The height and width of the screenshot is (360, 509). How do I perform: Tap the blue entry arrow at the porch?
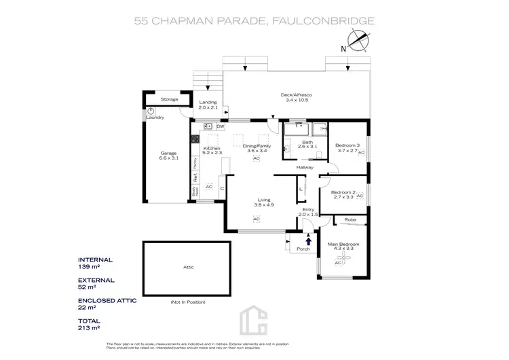[x=309, y=239]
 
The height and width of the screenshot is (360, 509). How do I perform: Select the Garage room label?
[x=168, y=153]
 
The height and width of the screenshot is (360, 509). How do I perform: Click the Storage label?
[x=169, y=99]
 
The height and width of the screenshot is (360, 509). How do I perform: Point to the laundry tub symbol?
[x=151, y=109]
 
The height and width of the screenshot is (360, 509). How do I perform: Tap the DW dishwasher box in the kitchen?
[x=220, y=126]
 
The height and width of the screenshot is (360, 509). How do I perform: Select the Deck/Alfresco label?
[x=296, y=95]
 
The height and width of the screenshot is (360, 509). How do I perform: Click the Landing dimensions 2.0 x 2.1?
[x=208, y=107]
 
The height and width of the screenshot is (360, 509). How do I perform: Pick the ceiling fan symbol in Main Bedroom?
[x=337, y=263]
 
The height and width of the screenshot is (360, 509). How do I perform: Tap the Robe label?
[x=350, y=219]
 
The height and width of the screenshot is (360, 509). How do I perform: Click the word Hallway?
[x=303, y=167]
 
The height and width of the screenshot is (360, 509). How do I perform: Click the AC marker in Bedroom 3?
[x=361, y=153]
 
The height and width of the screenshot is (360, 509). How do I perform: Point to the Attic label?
[x=189, y=267]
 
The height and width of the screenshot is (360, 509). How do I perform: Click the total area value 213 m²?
[x=89, y=327]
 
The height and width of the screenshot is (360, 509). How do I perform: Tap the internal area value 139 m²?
[x=89, y=266]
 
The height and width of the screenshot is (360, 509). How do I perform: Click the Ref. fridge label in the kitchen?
[x=195, y=174]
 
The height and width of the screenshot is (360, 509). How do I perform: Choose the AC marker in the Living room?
[x=257, y=219]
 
